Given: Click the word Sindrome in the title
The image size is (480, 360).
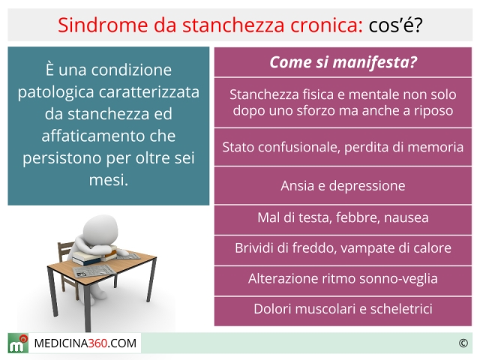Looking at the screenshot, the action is (x=103, y=25).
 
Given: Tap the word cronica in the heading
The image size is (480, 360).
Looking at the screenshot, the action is (x=327, y=25).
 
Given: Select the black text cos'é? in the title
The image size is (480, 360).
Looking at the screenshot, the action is (x=395, y=25).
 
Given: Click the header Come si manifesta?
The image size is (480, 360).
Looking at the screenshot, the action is (x=343, y=62).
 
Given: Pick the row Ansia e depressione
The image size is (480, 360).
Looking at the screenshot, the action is (x=343, y=185).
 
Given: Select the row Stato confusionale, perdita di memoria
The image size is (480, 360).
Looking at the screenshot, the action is (x=343, y=147).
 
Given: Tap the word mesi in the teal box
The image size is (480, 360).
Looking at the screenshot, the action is (x=108, y=180).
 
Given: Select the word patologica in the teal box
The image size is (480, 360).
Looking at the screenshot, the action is (x=55, y=92).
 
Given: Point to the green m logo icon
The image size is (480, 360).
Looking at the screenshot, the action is (x=18, y=343).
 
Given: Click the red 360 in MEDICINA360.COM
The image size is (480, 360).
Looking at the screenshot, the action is (x=97, y=343).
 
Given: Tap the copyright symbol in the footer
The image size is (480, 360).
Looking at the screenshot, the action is (x=463, y=343).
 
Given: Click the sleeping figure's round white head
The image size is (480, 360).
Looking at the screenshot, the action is (x=100, y=229).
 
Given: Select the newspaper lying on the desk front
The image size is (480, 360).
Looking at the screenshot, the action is (x=94, y=271).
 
